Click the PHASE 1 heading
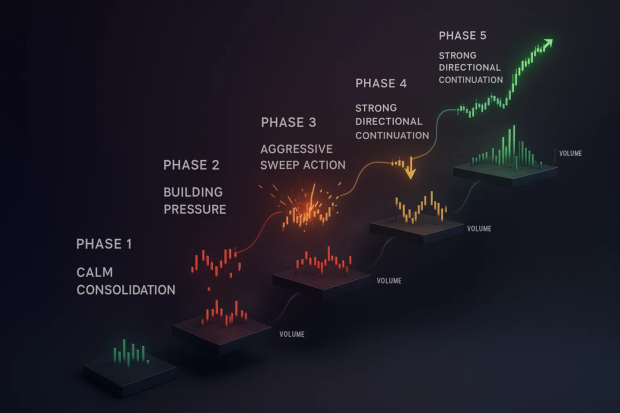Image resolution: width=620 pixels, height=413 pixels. tap(104, 244)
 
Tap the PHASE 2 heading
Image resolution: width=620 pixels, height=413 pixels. tap(191, 165)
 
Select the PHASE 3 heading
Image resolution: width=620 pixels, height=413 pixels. tap(289, 122)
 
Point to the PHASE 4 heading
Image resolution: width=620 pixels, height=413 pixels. tap(381, 83)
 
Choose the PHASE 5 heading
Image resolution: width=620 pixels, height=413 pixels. tap(463, 35)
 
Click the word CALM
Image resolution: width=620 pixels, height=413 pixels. tap(94, 272)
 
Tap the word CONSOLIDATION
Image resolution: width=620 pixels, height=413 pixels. tap(126, 290)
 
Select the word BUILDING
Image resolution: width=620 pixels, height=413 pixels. tap(193, 192)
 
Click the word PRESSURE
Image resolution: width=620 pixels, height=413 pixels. tap(195, 209)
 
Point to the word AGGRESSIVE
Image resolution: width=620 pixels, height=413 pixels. tap(297, 149)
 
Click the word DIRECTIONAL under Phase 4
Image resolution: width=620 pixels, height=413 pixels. tap(389, 121)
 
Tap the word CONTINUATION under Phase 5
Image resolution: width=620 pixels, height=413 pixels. tap(471, 80)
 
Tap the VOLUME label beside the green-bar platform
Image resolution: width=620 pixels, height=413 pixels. tap(571, 153)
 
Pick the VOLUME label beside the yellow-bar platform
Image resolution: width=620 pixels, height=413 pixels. tap(479, 229)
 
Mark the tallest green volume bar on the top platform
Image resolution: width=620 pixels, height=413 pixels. tap(514, 145)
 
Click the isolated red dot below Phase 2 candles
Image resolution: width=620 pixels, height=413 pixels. tap(209, 289)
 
